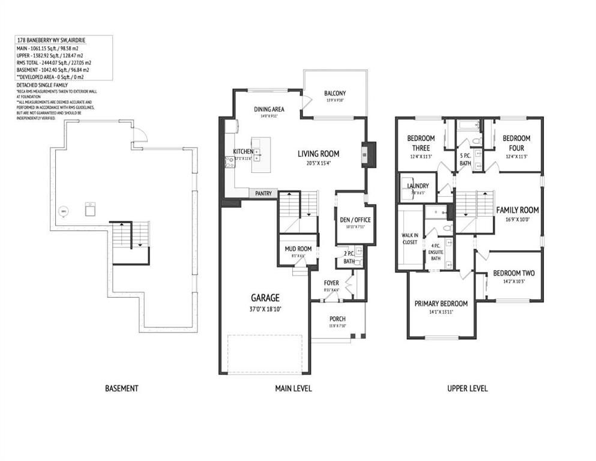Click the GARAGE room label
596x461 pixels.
264,298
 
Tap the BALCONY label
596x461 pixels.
334,93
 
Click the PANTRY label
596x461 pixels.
263,193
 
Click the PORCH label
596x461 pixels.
337,319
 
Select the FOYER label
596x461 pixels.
331,283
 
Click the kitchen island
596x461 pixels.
260,155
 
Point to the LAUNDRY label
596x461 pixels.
417,186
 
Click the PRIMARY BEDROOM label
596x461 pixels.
441,303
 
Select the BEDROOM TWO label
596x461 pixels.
513,273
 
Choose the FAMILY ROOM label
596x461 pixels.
517,210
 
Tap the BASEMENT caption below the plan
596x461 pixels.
121,388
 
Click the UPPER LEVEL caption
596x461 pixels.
467,388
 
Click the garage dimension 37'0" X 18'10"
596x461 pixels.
264,310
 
